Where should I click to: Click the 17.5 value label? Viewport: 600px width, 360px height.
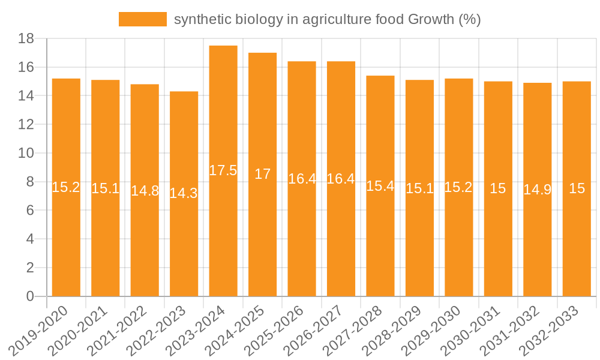click(x=223, y=170)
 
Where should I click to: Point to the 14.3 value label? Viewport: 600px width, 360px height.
click(x=184, y=193)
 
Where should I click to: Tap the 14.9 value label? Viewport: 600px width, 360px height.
click(x=538, y=190)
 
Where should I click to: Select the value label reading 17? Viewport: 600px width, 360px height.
click(x=263, y=174)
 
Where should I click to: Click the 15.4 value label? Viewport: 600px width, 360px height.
click(x=380, y=186)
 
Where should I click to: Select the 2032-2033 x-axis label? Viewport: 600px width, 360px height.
click(x=557, y=331)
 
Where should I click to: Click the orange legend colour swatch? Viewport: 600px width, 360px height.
click(x=143, y=20)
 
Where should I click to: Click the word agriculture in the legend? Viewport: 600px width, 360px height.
click(x=337, y=20)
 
